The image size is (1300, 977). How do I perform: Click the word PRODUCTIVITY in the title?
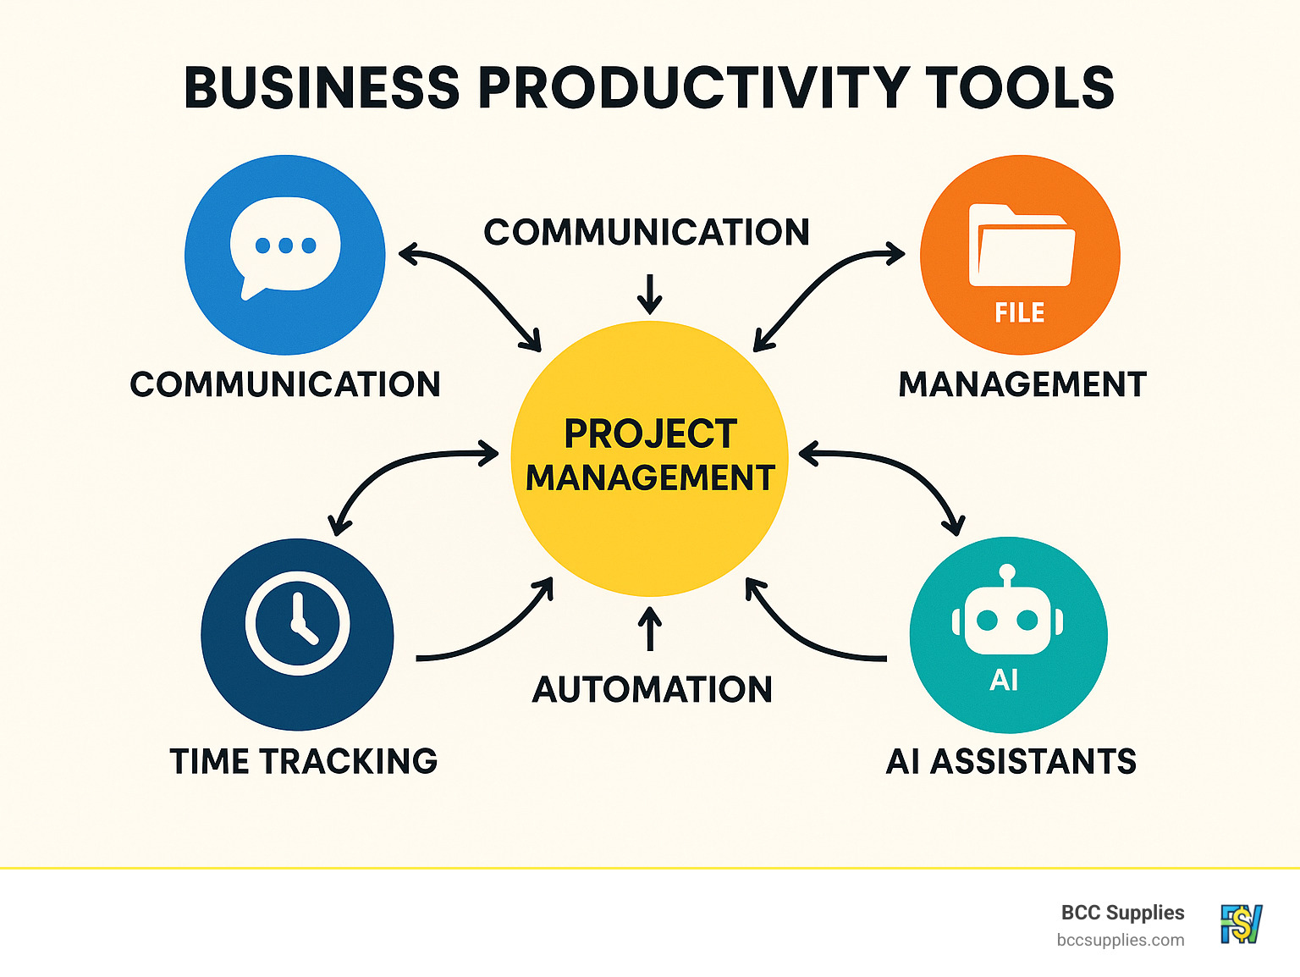[691, 88]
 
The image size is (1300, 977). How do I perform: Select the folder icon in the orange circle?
[1021, 246]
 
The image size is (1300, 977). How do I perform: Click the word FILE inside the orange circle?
[1019, 313]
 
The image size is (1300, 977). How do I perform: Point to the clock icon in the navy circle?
[297, 623]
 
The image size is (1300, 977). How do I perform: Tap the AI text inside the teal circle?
[1004, 680]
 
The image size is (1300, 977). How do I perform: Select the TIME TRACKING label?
[304, 761]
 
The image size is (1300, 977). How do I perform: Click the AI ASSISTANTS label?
[1011, 761]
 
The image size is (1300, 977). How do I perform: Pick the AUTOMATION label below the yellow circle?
[652, 689]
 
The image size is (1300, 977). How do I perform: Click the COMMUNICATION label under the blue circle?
[285, 384]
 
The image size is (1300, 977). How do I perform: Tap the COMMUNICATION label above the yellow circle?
[647, 232]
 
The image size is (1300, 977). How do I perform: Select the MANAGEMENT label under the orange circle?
[1022, 384]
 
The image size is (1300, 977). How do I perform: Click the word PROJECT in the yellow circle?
[650, 434]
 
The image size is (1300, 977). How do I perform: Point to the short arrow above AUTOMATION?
[650, 629]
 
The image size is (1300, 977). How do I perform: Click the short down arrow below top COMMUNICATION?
[650, 294]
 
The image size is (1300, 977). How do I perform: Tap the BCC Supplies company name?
[1122, 913]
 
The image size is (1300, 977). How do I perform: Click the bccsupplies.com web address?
[1120, 940]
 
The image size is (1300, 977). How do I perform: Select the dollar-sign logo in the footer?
[1241, 924]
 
